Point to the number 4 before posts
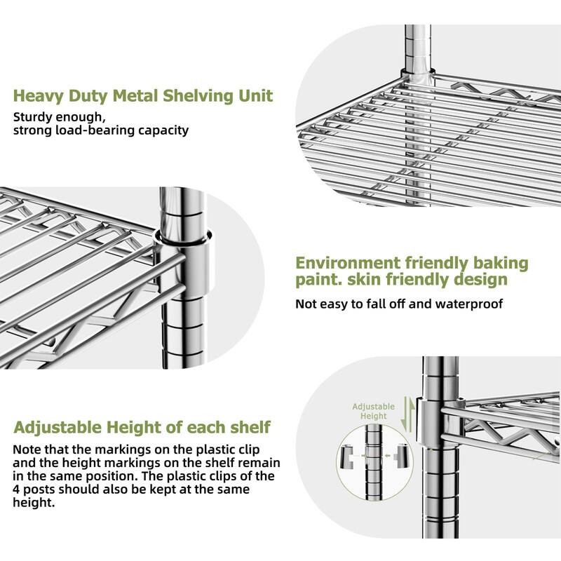pos(18,489)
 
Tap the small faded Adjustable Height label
pos(373,411)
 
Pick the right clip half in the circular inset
pos(403,454)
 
